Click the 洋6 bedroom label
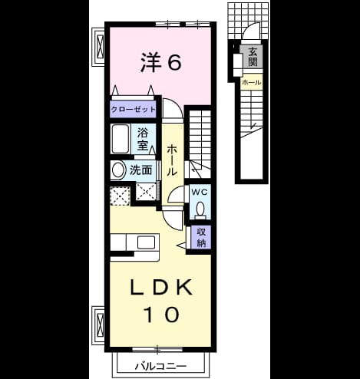[x=161, y=62]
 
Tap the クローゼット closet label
[x=133, y=110]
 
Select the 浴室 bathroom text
[x=143, y=140]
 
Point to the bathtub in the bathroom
[x=120, y=139]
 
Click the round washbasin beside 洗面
[x=117, y=170]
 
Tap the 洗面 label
[x=141, y=170]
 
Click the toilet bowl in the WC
[x=200, y=208]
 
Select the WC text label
[x=200, y=193]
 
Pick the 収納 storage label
[x=201, y=238]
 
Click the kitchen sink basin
[x=146, y=242]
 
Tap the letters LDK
[x=161, y=288]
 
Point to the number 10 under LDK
[x=161, y=315]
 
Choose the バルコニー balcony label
[x=161, y=367]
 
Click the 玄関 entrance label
[x=253, y=57]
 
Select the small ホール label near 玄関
[x=252, y=82]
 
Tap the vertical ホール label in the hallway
[x=172, y=160]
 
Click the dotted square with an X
[x=120, y=196]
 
